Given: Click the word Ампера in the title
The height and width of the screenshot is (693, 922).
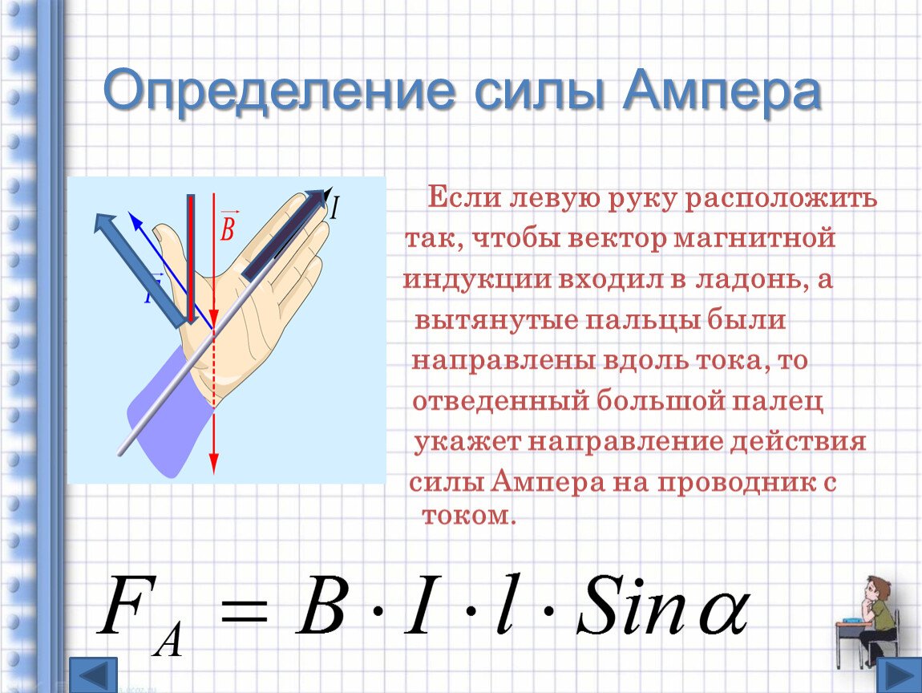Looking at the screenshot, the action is pos(722,91).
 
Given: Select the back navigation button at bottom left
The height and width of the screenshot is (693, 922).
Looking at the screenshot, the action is pos(94,675).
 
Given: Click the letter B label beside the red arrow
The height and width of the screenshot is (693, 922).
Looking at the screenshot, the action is pos(228,226).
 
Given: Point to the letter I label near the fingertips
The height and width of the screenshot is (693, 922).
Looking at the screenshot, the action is pos(334,208).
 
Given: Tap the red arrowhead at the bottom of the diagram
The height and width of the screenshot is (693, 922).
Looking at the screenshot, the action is pos(213,464).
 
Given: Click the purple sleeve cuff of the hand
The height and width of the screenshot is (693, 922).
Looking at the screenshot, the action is pos(164,411).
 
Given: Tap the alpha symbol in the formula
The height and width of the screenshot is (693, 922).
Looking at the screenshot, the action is pos(723,612).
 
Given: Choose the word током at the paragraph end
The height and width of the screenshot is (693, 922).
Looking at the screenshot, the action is pos(469,515).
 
